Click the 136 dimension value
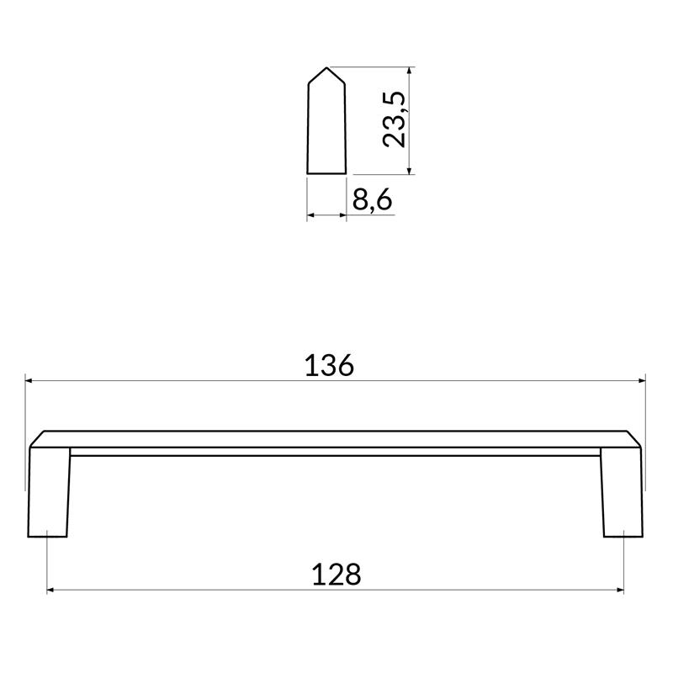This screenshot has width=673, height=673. pyautogui.click(x=329, y=366)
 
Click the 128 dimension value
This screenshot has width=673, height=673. pyautogui.click(x=336, y=575)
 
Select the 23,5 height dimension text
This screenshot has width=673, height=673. pyautogui.click(x=394, y=119)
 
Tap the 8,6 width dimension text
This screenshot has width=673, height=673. pyautogui.click(x=372, y=199)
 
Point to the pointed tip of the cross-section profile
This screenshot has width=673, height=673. pyautogui.click(x=326, y=67)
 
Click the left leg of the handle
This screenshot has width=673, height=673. pyautogui.click(x=48, y=492)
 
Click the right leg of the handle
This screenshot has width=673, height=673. pyautogui.click(x=622, y=492)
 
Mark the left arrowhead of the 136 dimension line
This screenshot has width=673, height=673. pyautogui.click(x=29, y=380)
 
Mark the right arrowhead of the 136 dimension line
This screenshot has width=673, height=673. pyautogui.click(x=642, y=380)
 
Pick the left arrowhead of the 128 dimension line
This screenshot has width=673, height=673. pyautogui.click(x=50, y=590)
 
